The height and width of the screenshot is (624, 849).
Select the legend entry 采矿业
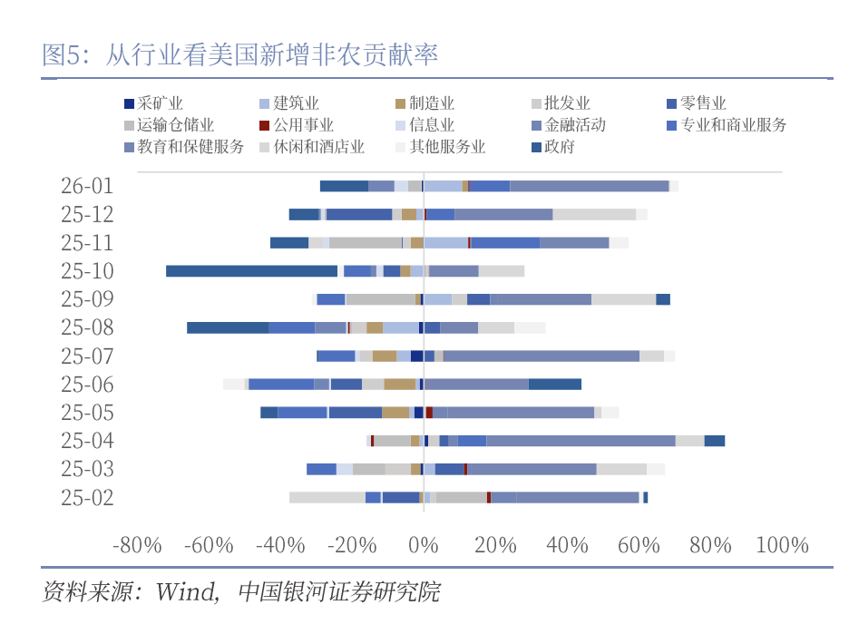(160, 104)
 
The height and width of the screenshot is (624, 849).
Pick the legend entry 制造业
(432, 104)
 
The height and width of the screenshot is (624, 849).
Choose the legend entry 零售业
(703, 104)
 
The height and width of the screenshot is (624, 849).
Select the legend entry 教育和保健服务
(190, 147)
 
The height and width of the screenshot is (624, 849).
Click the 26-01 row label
(87, 186)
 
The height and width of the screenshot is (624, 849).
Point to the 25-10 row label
(87, 271)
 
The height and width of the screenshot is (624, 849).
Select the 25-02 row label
(87, 497)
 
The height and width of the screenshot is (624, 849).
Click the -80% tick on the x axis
(137, 546)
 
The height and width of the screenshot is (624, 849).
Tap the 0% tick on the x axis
(424, 546)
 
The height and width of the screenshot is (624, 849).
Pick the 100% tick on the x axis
(782, 546)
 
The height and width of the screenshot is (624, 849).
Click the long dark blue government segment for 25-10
(251, 271)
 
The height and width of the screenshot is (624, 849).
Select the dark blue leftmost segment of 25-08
(227, 327)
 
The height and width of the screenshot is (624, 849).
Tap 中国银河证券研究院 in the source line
(338, 592)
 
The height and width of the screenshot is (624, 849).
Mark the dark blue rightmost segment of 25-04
(715, 441)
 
